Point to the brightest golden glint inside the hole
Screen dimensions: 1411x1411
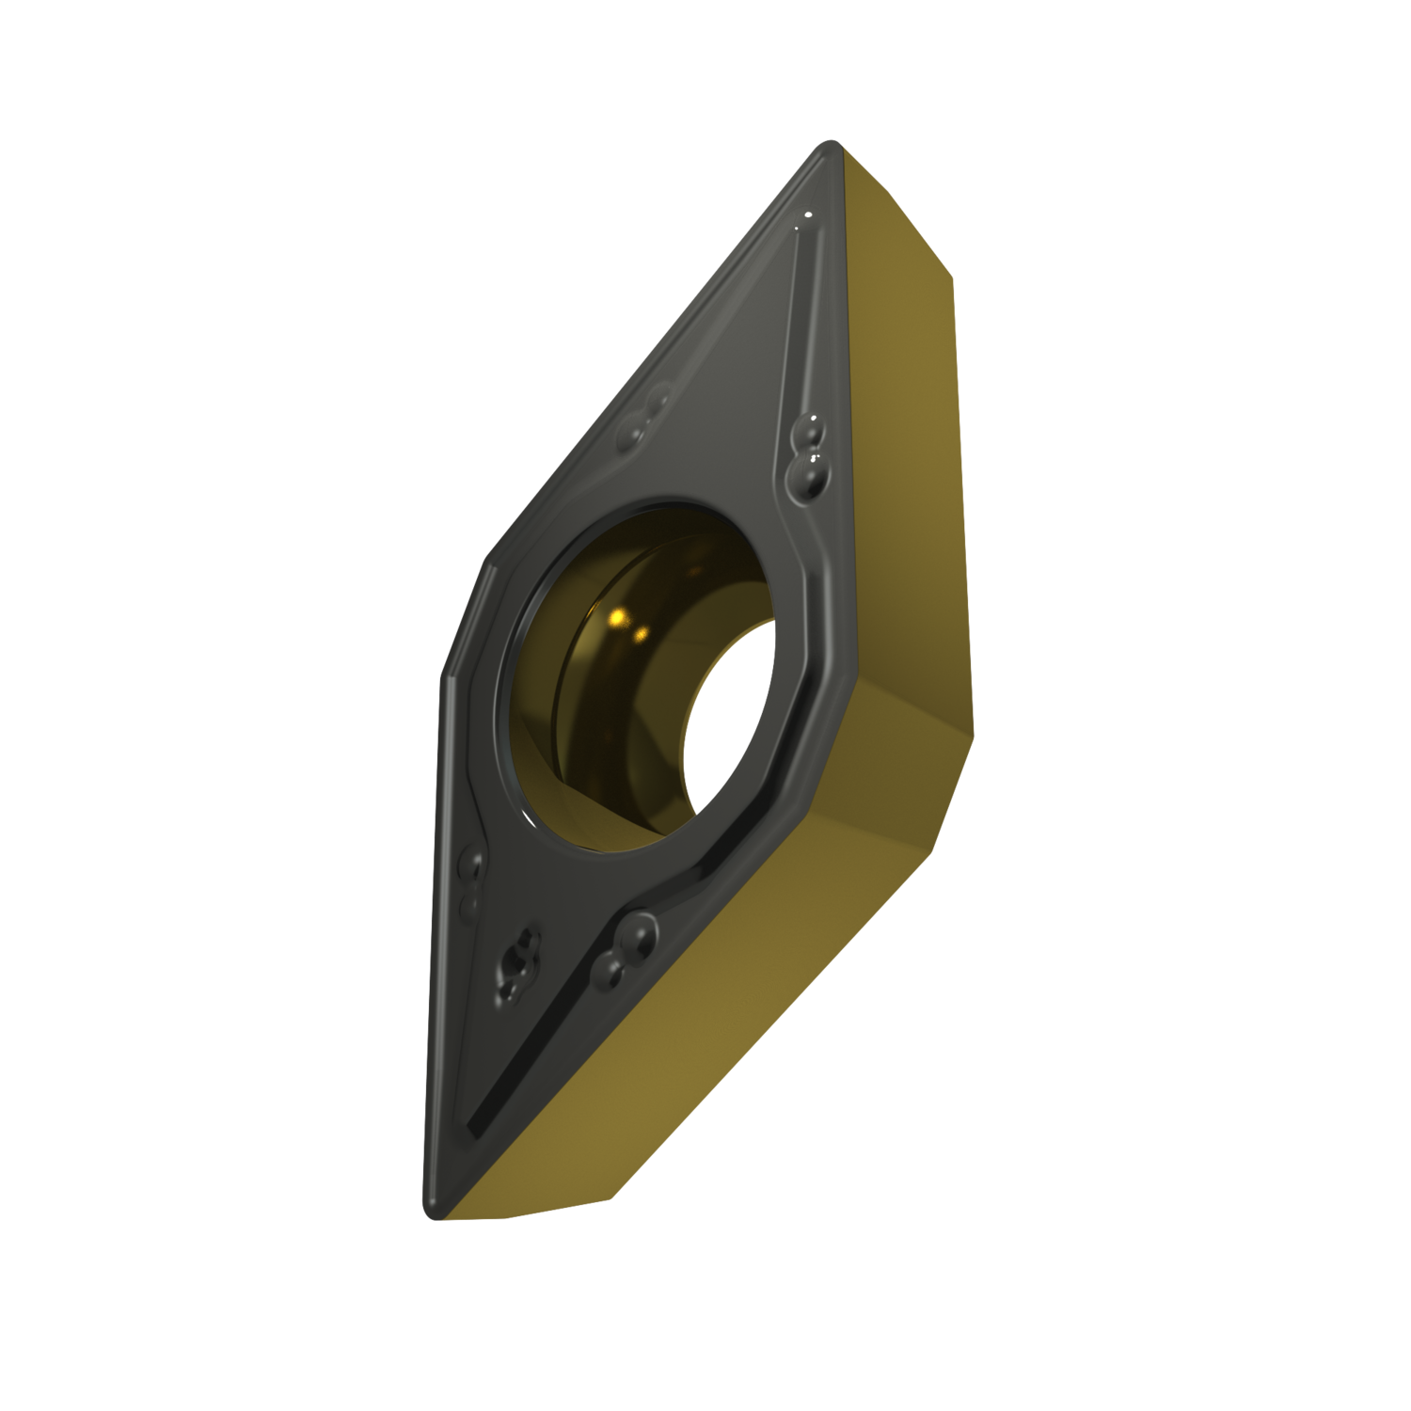pos(619,617)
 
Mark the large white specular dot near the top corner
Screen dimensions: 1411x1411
pos(808,220)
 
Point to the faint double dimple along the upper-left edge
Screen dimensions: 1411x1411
pos(649,414)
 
